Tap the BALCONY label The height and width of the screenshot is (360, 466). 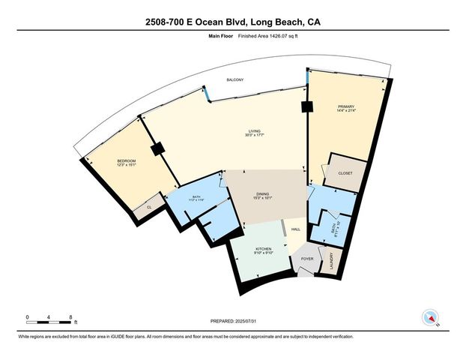[236, 80]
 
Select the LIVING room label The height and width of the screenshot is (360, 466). [255, 132]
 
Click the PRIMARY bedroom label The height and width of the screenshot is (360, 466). [345, 108]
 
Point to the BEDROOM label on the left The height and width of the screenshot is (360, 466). [126, 161]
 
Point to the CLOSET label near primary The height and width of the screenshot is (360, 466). [345, 173]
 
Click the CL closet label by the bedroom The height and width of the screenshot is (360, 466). [149, 206]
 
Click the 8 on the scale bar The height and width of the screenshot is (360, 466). [70, 317]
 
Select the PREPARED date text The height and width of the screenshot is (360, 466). [233, 321]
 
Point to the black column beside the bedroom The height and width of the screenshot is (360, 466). [157, 150]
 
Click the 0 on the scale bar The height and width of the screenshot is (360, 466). [27, 317]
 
